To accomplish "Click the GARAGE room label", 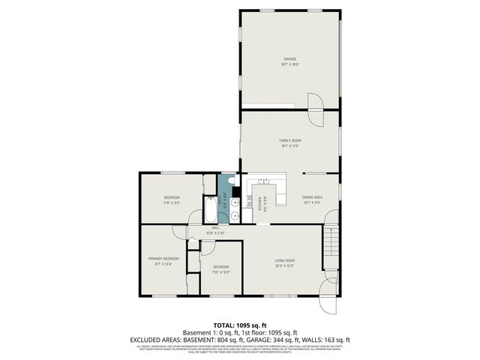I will tap(289, 59).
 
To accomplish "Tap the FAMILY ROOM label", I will tap(289, 141).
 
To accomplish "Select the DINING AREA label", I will tap(312, 197).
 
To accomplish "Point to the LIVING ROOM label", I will tap(289, 259).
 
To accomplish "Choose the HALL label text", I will tap(214, 227).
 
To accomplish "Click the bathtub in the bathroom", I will tap(210, 211).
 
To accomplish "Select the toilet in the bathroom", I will tap(233, 181).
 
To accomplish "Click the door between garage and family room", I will tap(316, 102).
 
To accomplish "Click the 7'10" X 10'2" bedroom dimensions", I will tap(220, 272).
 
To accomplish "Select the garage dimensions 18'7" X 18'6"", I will tap(289, 64).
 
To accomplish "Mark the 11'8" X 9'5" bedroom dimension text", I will tap(172, 202).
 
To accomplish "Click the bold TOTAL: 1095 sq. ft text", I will tap(239, 325).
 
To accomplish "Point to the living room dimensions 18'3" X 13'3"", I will tap(289, 265).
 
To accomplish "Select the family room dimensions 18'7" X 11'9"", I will tap(289, 146).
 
